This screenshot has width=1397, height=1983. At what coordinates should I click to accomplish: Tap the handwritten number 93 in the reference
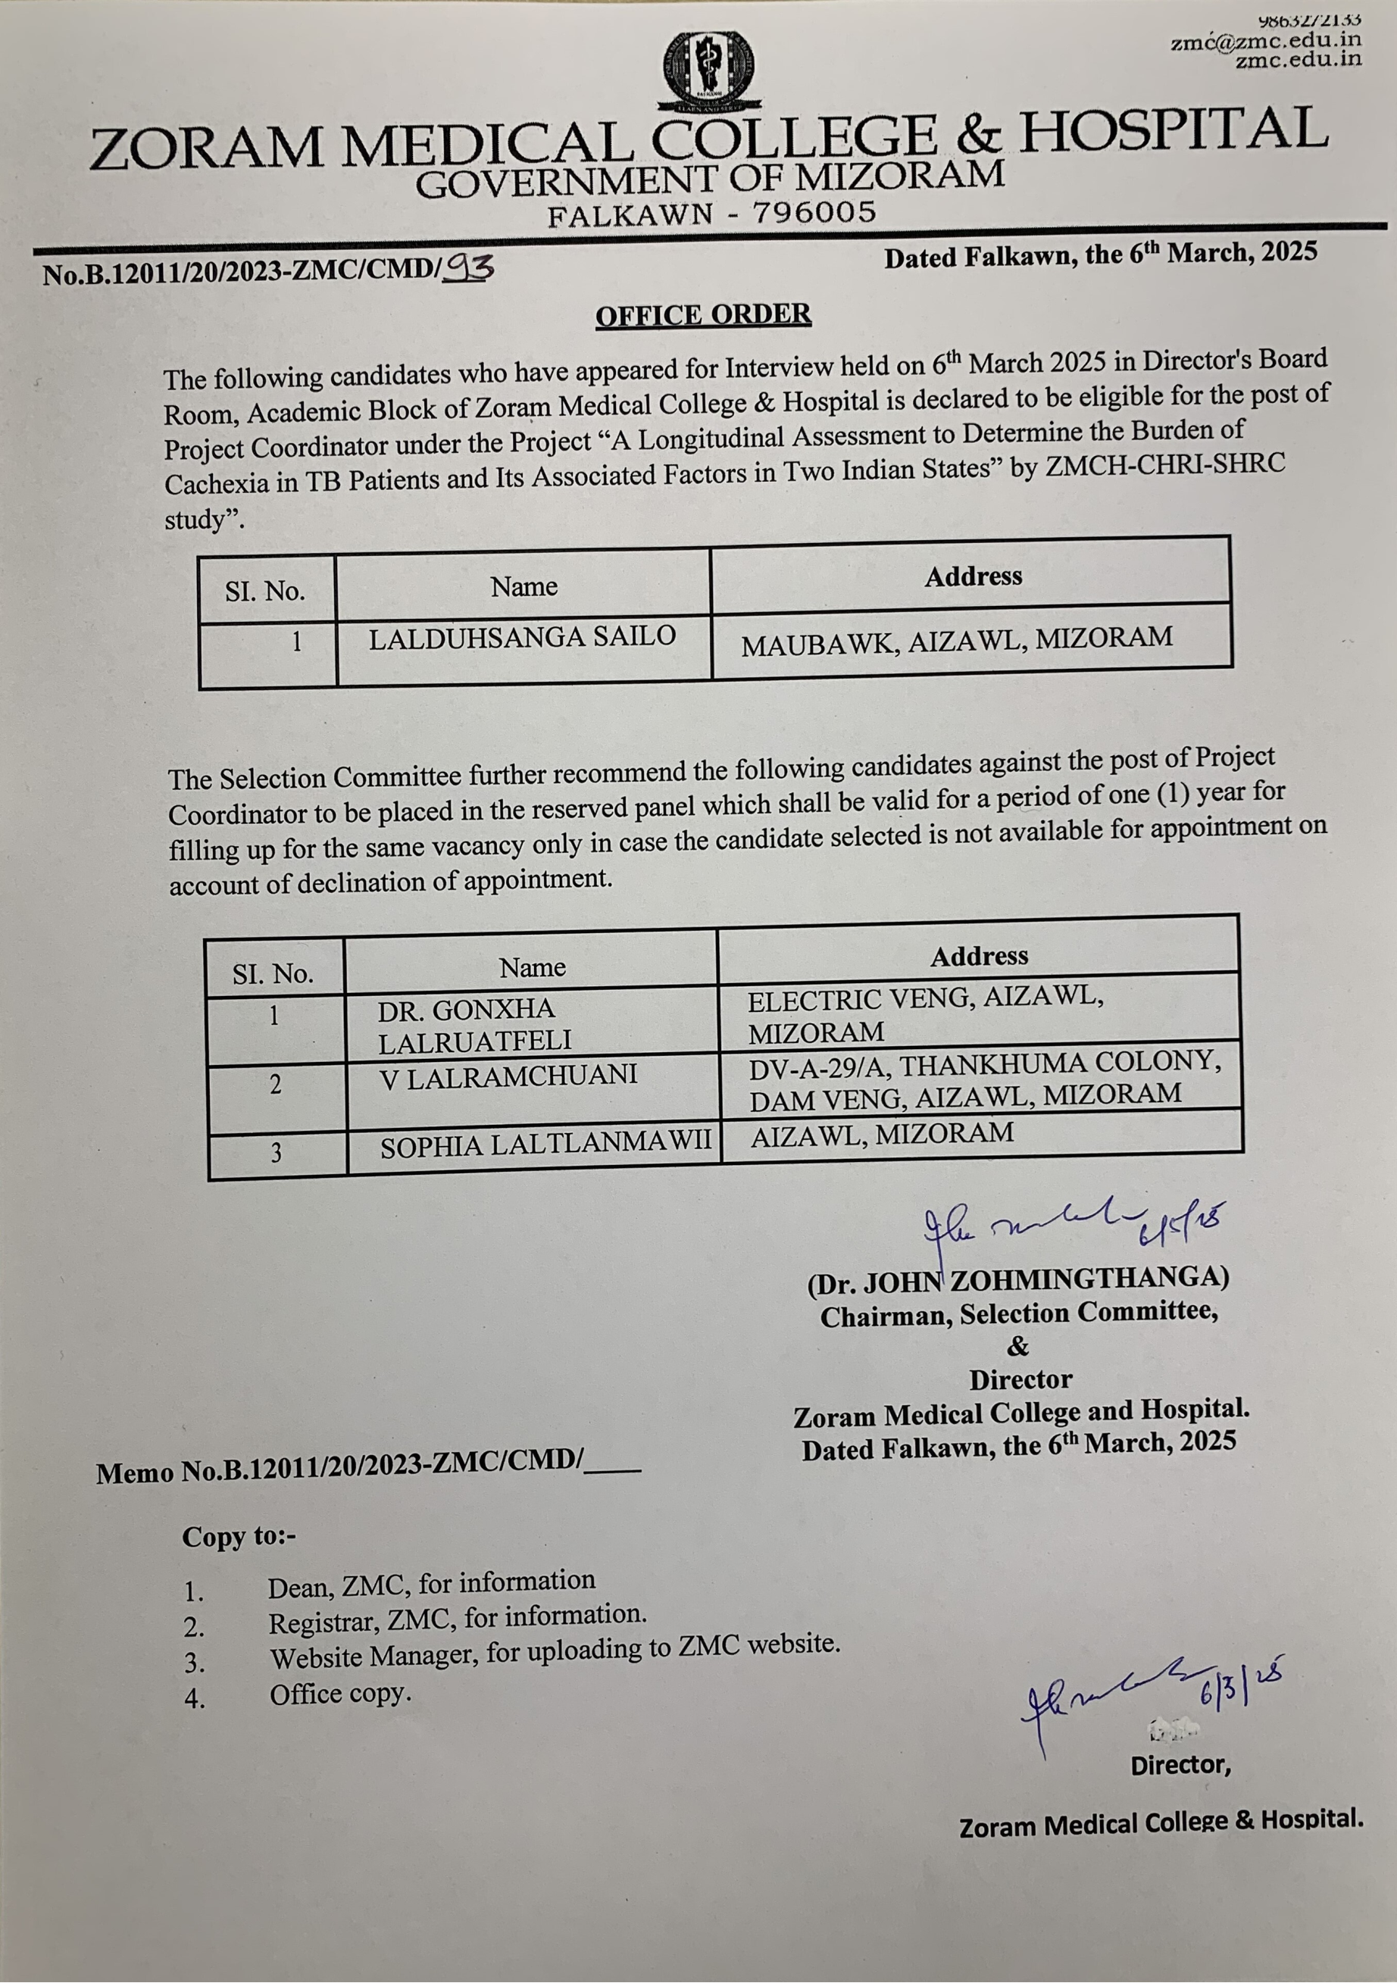tap(467, 270)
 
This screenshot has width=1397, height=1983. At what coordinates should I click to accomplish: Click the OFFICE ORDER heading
tap(702, 315)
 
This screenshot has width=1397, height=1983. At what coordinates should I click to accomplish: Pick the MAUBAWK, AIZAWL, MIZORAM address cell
tap(956, 641)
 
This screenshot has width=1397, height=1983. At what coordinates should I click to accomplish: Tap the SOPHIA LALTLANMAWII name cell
tap(546, 1145)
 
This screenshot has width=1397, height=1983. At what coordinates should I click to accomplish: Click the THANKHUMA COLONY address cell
tap(984, 1079)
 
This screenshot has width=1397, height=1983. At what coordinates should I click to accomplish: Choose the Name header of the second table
tap(532, 967)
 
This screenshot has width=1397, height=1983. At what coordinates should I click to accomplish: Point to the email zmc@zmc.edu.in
tap(1266, 39)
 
